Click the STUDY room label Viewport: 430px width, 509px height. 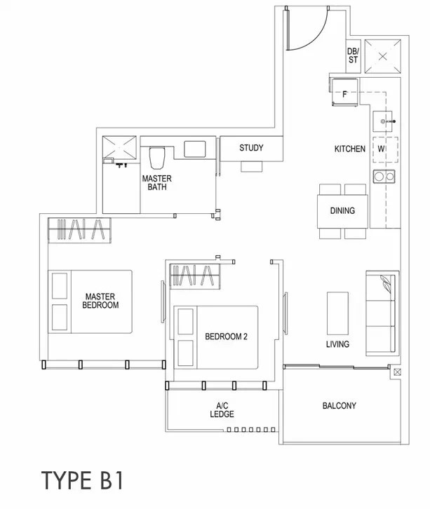coord(251,148)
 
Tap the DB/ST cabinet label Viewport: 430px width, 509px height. coord(353,55)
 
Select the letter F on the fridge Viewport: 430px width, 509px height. coord(344,94)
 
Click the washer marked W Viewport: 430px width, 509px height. coord(385,149)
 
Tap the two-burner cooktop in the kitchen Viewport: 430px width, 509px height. coord(384,176)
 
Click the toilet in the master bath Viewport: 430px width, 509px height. coord(157,158)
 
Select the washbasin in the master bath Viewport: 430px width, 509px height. coord(194,149)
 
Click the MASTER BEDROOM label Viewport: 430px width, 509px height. coord(100,301)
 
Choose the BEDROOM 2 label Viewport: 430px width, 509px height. coord(226,337)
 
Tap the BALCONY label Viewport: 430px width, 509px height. coord(339,406)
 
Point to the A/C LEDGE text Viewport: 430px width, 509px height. coord(222,409)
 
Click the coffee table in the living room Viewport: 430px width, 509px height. coord(337,313)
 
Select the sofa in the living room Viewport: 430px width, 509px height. coord(381,313)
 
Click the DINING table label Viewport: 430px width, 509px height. coord(342,210)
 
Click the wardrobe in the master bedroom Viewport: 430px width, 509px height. coord(79,230)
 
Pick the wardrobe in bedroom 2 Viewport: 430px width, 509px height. coord(195,276)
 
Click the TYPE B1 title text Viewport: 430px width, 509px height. coord(83,481)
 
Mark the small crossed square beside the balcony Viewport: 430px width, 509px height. coord(397,372)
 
